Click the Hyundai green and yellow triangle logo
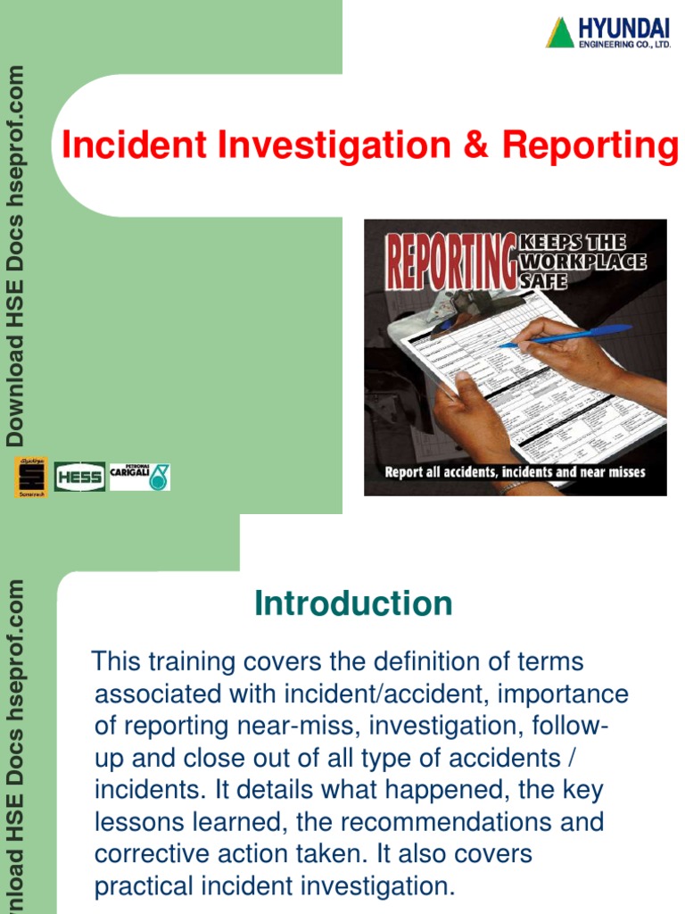[x=560, y=32]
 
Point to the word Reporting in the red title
[x=590, y=146]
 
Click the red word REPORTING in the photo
[x=450, y=258]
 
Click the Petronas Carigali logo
[x=140, y=477]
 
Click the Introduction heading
[x=353, y=604]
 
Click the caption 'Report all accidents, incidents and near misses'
[x=515, y=472]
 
